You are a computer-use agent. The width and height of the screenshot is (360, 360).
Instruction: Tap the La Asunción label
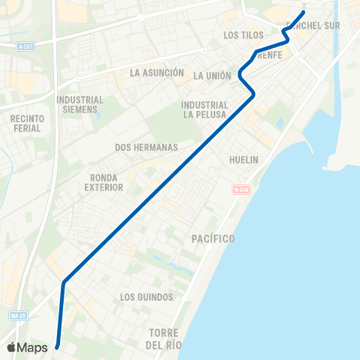click(x=157, y=73)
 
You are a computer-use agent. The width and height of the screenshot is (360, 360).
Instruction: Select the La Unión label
click(x=211, y=76)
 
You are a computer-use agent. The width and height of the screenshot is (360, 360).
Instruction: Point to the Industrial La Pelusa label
click(x=205, y=109)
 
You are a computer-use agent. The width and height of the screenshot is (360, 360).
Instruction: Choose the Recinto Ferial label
click(x=27, y=124)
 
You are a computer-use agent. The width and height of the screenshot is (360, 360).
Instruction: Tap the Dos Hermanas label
click(x=146, y=148)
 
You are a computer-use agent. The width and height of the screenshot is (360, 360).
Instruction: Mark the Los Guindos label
click(x=146, y=298)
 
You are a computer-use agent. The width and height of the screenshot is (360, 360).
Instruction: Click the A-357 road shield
click(x=26, y=46)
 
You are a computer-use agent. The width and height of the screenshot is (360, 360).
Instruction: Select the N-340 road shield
click(x=241, y=189)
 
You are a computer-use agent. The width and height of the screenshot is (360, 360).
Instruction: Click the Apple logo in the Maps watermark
click(x=13, y=347)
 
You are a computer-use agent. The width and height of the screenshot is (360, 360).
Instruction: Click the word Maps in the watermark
click(x=34, y=348)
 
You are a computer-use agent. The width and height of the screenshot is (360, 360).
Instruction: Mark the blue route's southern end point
click(x=58, y=346)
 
